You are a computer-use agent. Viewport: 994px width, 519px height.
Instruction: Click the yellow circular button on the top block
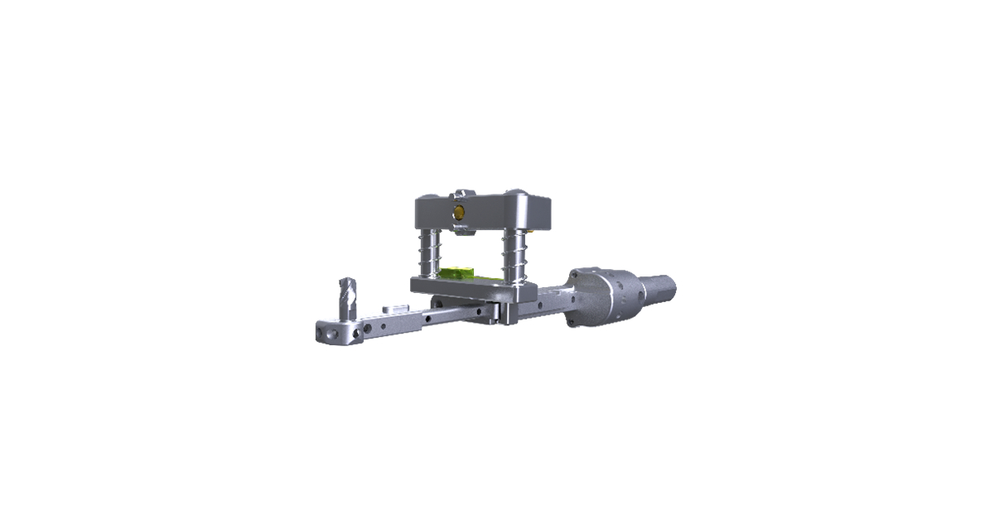(456, 212)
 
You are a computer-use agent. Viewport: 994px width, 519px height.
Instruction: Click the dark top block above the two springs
(483, 214)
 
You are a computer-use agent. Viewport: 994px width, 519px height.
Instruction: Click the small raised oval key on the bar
(394, 311)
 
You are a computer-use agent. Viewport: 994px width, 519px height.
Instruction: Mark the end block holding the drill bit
(335, 330)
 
